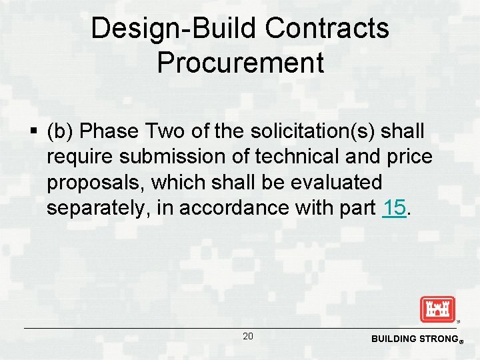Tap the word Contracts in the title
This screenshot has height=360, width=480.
coord(327,28)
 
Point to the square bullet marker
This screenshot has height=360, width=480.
coord(33,132)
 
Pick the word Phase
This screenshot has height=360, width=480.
coord(113,131)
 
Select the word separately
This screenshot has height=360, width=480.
coord(98,207)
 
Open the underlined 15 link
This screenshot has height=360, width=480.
coord(395,207)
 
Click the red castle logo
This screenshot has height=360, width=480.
coord(437,309)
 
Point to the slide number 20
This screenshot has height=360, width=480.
coord(247,337)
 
